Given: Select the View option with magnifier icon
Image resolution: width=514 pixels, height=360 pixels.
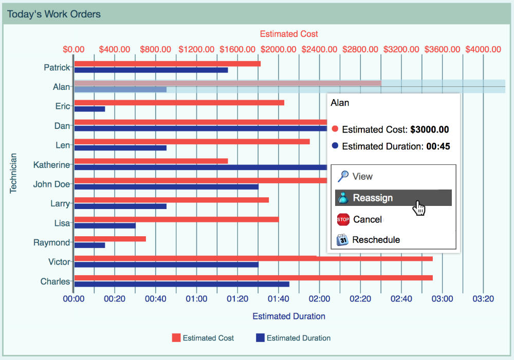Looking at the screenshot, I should pyautogui.click(x=362, y=177).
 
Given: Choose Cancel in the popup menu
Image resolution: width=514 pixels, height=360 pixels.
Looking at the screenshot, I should pyautogui.click(x=367, y=220).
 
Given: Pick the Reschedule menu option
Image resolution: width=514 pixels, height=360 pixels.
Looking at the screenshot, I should pyautogui.click(x=376, y=240).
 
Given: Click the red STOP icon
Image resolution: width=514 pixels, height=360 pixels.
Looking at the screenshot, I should pyautogui.click(x=343, y=220).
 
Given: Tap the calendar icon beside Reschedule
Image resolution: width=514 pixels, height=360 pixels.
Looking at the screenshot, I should pyautogui.click(x=343, y=240).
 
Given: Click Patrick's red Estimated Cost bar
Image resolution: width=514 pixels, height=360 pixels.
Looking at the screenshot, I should pyautogui.click(x=167, y=64).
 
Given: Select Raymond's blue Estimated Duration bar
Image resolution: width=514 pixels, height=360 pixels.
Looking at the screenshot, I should pyautogui.click(x=89, y=245).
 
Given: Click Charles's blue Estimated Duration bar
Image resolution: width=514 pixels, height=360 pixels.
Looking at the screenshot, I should pyautogui.click(x=181, y=284).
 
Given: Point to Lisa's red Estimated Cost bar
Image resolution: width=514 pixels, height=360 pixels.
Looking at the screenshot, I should pyautogui.click(x=176, y=219).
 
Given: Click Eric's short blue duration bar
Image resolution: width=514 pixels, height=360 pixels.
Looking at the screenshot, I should pyautogui.click(x=89, y=109).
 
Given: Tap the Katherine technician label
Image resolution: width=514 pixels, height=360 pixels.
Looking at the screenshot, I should pyautogui.click(x=51, y=165).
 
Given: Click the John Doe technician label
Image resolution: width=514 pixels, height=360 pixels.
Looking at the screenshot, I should pyautogui.click(x=51, y=184).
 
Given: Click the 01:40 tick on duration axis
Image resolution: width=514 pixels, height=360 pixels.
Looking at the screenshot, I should pyautogui.click(x=278, y=298).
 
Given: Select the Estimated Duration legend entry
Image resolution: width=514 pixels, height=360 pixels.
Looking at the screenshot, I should pyautogui.click(x=293, y=338).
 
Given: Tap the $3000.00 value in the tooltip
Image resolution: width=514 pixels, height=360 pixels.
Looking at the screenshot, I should pyautogui.click(x=430, y=129).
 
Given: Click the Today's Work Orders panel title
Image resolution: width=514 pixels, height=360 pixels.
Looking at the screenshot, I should pyautogui.click(x=54, y=14).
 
